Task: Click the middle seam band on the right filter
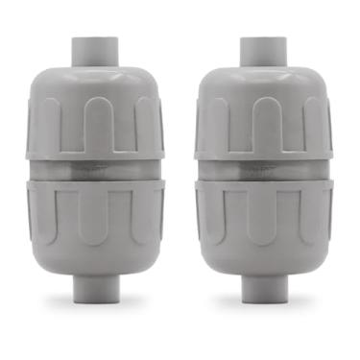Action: coord(258,167)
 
